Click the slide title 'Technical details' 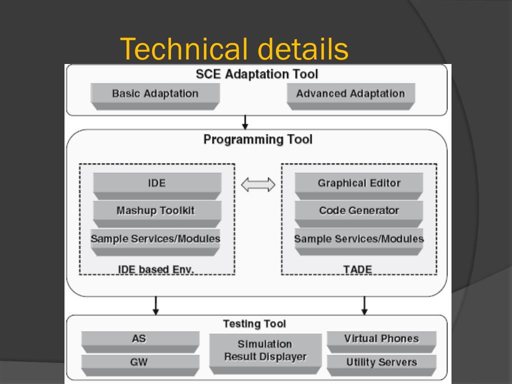(234, 49)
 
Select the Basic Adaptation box (155, 94)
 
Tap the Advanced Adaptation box (350, 94)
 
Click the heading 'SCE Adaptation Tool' (256, 74)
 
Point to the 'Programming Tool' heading (257, 139)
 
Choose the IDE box (157, 183)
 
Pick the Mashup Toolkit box (155, 210)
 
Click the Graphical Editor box (359, 183)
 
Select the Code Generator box (359, 210)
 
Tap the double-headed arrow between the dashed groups (258, 185)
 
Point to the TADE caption (357, 270)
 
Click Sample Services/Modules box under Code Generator (359, 239)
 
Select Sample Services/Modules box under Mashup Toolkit (155, 239)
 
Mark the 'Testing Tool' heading (254, 324)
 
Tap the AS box (139, 339)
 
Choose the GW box (139, 362)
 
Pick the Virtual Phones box (381, 339)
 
